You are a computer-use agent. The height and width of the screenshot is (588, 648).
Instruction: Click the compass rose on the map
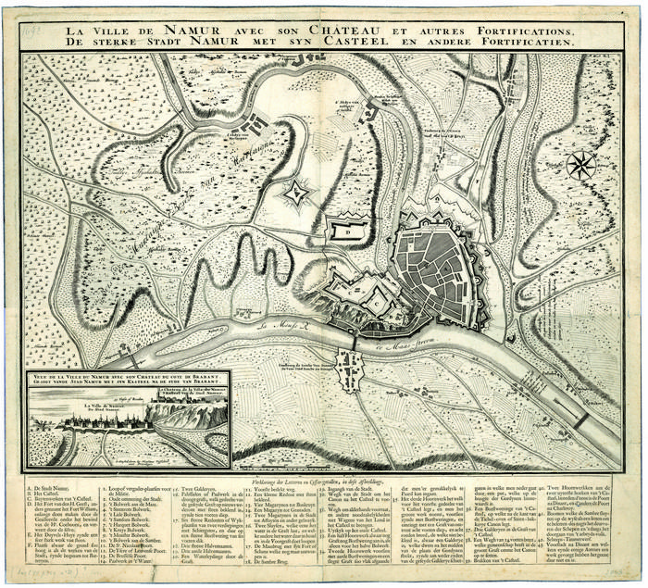click(580, 166)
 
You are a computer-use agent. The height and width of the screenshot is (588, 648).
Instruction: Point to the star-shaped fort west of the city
click(298, 194)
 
